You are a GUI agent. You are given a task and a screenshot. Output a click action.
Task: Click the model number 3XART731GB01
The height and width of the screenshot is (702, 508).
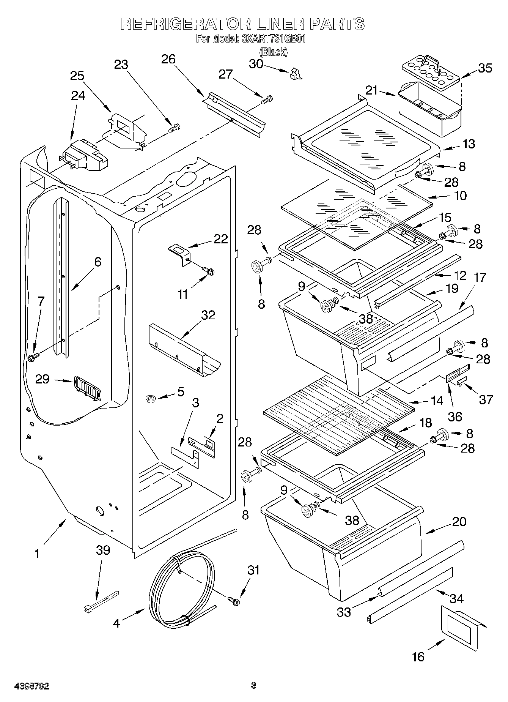pyautogui.click(x=274, y=39)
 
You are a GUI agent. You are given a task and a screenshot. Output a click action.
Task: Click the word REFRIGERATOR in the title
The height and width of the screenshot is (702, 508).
pyautogui.click(x=186, y=24)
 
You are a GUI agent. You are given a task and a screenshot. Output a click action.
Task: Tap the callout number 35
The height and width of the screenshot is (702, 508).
pyautogui.click(x=484, y=68)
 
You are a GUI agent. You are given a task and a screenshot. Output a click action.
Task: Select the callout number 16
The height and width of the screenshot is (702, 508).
pyautogui.click(x=418, y=656)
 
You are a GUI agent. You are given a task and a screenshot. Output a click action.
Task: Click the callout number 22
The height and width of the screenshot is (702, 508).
pyautogui.click(x=220, y=239)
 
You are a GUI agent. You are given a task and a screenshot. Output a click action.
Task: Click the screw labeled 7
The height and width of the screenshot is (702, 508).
pyautogui.click(x=33, y=357)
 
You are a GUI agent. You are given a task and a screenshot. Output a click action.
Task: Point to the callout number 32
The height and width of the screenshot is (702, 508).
pyautogui.click(x=208, y=315)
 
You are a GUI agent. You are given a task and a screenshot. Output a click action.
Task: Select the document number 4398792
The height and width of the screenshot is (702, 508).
pyautogui.click(x=32, y=686)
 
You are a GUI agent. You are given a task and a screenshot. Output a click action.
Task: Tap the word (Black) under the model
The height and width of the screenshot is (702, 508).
pyautogui.click(x=273, y=52)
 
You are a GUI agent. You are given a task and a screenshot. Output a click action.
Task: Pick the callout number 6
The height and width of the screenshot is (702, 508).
pyautogui.click(x=98, y=262)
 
